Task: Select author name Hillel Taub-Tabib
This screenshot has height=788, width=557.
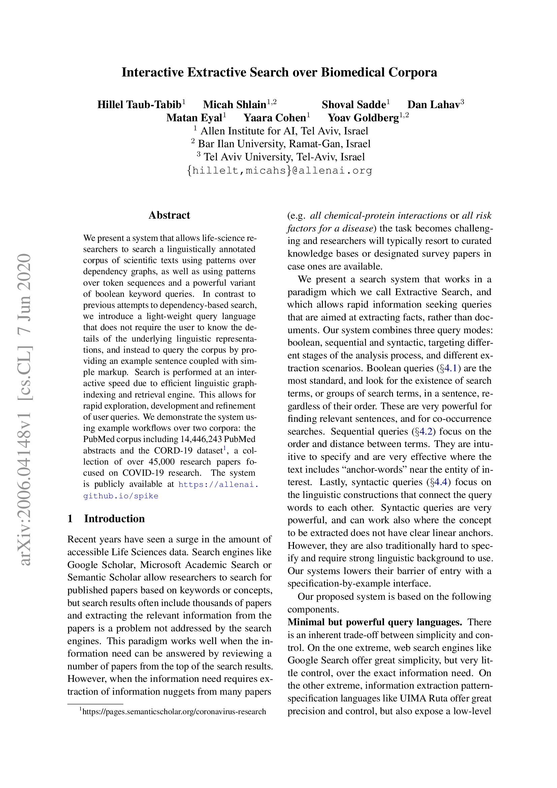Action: click(x=139, y=105)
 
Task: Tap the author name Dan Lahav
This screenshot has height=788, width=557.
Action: click(x=433, y=105)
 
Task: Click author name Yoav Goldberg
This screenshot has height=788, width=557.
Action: click(x=363, y=118)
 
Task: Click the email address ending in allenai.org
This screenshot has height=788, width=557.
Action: click(x=280, y=170)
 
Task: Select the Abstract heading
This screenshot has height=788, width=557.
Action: click(x=169, y=215)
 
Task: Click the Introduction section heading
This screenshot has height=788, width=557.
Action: click(x=114, y=518)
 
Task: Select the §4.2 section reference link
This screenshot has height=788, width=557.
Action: click(x=426, y=432)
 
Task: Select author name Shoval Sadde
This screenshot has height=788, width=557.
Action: click(x=354, y=105)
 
